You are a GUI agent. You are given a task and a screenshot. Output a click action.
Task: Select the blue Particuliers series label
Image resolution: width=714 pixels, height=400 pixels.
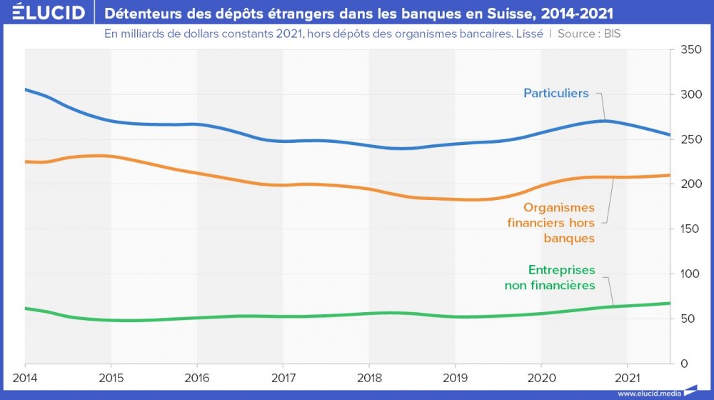click(x=555, y=94)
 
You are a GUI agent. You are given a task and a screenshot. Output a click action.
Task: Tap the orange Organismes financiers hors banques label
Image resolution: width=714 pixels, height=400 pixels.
click(x=550, y=223)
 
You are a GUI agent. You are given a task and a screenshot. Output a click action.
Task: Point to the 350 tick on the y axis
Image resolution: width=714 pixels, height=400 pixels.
click(x=690, y=50)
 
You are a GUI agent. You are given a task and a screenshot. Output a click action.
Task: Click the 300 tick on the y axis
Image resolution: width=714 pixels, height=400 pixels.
click(x=690, y=95)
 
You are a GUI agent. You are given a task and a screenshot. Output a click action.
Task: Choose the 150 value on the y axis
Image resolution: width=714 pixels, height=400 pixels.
click(x=690, y=229)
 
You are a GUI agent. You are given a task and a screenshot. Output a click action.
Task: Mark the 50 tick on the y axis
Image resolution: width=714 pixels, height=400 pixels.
click(x=687, y=319)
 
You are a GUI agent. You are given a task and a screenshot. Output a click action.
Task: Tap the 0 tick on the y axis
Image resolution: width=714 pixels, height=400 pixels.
click(x=684, y=364)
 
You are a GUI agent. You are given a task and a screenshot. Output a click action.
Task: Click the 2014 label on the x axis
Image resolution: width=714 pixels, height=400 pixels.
click(x=25, y=377)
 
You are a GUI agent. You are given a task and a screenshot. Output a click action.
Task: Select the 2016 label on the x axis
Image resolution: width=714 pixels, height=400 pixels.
click(x=197, y=377)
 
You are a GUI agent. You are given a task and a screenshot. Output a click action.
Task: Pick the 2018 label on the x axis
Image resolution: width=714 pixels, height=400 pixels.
click(x=369, y=377)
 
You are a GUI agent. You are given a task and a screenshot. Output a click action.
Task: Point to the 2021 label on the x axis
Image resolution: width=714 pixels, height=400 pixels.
click(x=627, y=377)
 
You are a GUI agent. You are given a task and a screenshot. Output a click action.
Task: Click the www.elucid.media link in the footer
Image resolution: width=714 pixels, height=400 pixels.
click(x=648, y=394)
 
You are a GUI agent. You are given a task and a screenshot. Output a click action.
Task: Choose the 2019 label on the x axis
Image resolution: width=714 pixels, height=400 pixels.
click(x=455, y=377)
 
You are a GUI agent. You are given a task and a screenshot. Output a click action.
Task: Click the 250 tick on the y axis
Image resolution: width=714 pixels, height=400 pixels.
click(x=690, y=140)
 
